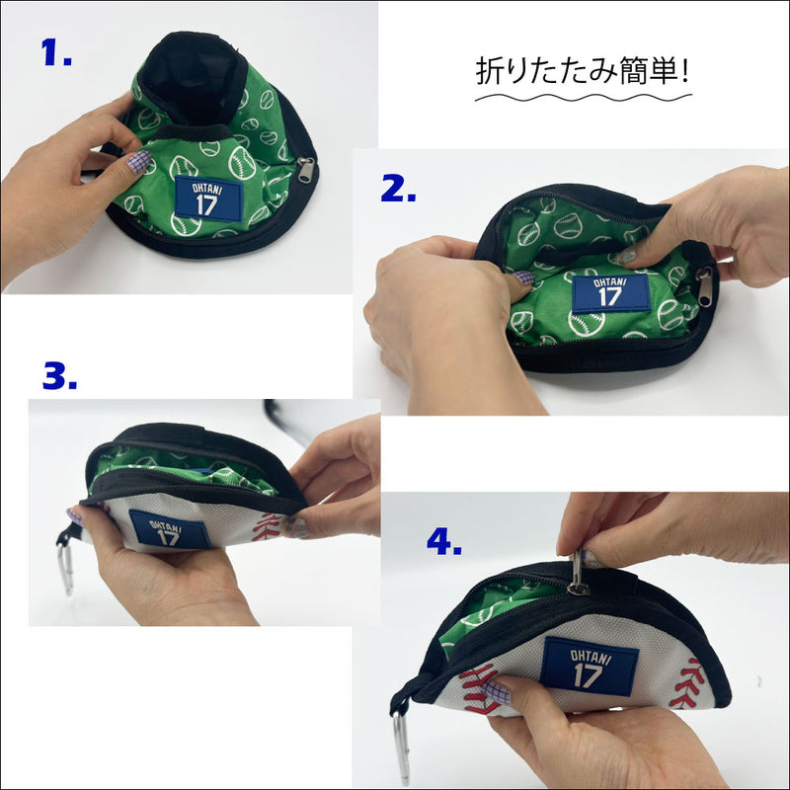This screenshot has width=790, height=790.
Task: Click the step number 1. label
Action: pyautogui.click(x=56, y=52)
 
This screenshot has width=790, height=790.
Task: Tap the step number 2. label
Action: pyautogui.click(x=398, y=189)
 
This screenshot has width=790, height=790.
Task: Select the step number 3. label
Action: pyautogui.click(x=60, y=375)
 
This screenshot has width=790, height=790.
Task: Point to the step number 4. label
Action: pyautogui.click(x=443, y=541)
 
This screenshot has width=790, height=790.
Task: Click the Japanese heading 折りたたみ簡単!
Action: pyautogui.click(x=582, y=71)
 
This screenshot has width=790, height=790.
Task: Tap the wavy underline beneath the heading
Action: pyautogui.click(x=584, y=97)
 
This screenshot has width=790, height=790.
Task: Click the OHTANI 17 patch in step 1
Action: pyautogui.click(x=208, y=198)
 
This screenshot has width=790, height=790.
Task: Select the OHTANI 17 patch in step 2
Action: pyautogui.click(x=610, y=293)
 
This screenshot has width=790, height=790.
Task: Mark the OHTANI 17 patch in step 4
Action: pyautogui.click(x=589, y=667)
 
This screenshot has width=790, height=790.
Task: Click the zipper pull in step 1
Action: pyautogui.click(x=306, y=169)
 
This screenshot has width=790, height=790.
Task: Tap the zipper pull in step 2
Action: pyautogui.click(x=704, y=286)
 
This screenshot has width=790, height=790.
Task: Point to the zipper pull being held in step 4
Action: pyautogui.click(x=577, y=573)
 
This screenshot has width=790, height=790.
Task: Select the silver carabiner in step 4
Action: pyautogui.click(x=402, y=746)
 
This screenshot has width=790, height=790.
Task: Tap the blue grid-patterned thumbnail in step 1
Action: pyautogui.click(x=138, y=162)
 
